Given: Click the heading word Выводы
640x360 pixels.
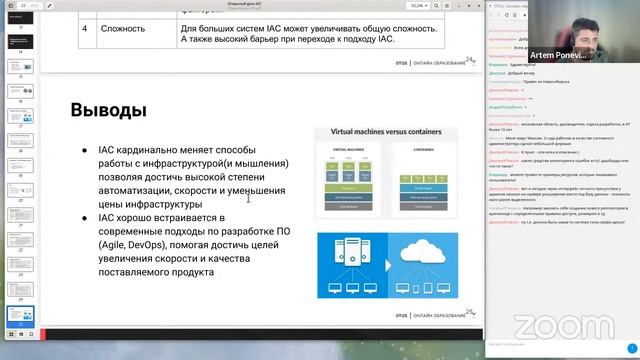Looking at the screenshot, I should (109, 109).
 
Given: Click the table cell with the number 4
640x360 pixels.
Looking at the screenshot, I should (85, 29).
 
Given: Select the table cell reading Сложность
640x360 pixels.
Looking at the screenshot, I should (121, 29).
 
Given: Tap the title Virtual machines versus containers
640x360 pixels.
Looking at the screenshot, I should (386, 131).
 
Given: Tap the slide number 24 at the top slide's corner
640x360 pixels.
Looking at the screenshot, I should (469, 60).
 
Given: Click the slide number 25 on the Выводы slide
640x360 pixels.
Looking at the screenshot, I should (469, 313).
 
